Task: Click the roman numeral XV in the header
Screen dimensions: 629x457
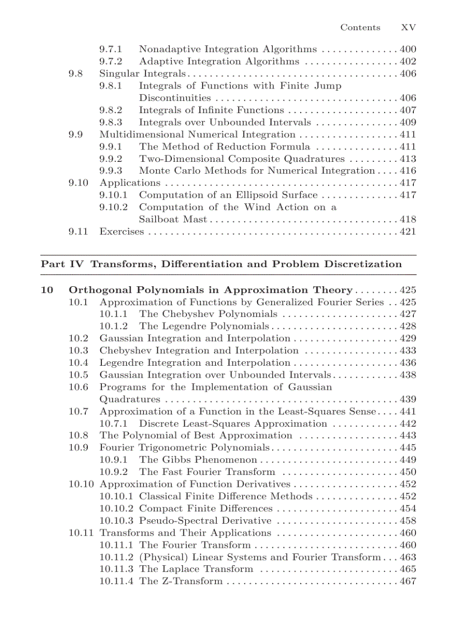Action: coord(408,27)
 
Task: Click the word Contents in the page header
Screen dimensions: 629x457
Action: coord(360,27)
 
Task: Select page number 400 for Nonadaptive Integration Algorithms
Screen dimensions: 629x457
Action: coord(408,49)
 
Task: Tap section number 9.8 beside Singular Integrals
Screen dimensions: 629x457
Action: coord(76,73)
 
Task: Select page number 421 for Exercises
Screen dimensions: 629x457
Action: coord(408,232)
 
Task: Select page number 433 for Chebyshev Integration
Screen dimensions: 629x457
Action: coord(408,351)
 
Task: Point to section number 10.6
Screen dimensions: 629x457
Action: coord(78,388)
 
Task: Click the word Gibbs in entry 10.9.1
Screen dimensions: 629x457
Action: coord(174,460)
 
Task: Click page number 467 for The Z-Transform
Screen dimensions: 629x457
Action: coord(408,581)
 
